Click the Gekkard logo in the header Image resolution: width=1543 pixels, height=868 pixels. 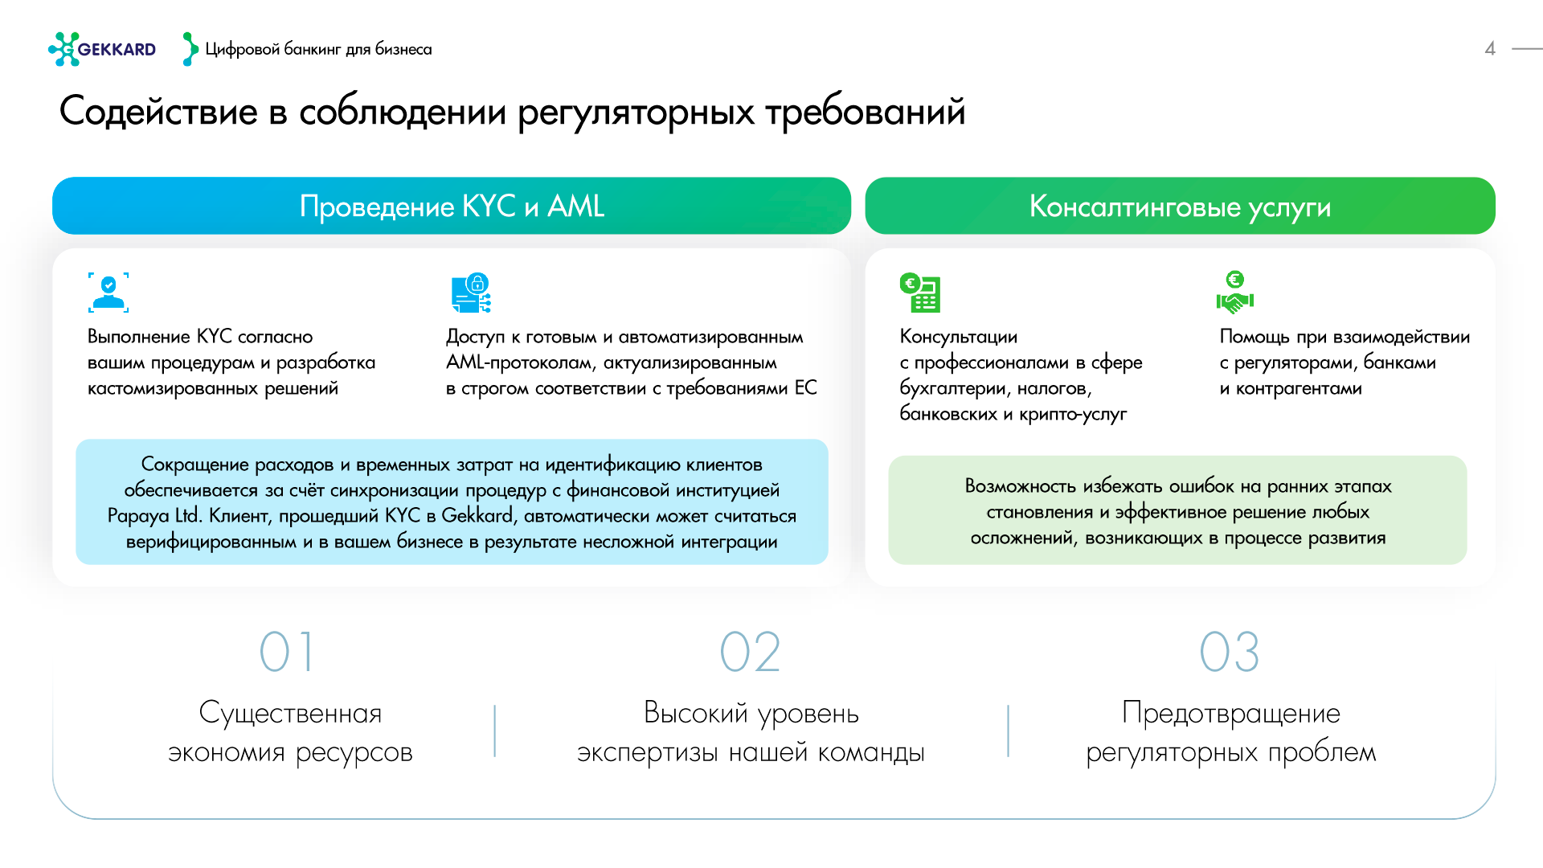click(102, 49)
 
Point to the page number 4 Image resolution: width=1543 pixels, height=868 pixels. click(1489, 49)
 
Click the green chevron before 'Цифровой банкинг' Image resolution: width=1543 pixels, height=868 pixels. click(190, 49)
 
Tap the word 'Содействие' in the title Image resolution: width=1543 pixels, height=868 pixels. click(158, 112)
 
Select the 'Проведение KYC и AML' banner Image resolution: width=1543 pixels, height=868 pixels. click(451, 206)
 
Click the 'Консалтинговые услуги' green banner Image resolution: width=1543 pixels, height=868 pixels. click(1180, 206)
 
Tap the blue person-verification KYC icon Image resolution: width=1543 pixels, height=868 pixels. click(108, 293)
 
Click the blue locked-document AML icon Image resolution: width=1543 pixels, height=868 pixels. click(471, 293)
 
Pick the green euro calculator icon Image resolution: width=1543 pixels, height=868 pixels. click(920, 293)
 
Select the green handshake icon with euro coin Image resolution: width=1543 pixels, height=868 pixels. click(1234, 293)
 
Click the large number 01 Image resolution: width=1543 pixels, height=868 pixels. click(287, 652)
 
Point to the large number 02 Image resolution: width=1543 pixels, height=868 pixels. click(750, 652)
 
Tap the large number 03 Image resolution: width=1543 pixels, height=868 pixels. click(1229, 652)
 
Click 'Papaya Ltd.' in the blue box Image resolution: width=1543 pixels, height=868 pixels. click(154, 516)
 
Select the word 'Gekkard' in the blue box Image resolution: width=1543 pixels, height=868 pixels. click(477, 516)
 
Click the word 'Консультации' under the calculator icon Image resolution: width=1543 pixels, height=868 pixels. click(958, 337)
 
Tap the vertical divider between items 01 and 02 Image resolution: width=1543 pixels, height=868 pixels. click(495, 731)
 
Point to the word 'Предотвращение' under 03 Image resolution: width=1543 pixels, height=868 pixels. click(1230, 713)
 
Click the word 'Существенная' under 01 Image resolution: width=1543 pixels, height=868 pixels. click(290, 713)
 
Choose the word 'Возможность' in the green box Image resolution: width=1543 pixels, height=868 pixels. click(1020, 486)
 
